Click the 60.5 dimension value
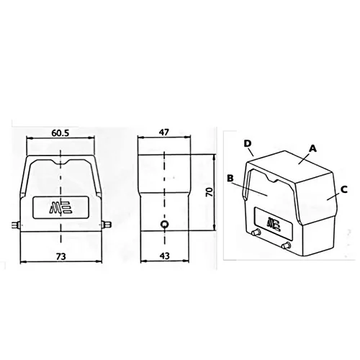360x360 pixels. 60,132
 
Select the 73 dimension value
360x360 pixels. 61,256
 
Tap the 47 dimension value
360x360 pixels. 164,132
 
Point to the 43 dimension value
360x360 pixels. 164,256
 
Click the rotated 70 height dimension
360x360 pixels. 210,192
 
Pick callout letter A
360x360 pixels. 312,148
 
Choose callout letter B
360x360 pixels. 230,179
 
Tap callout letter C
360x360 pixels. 344,189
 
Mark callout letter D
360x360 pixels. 248,143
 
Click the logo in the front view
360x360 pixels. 60,207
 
